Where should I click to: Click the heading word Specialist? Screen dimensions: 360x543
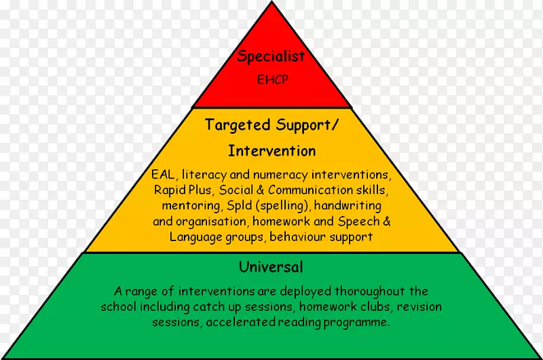[x=271, y=57]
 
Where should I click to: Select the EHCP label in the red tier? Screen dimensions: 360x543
[x=271, y=79]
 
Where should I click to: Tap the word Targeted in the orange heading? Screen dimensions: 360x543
[x=238, y=126]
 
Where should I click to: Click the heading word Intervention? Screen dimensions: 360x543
[x=271, y=151]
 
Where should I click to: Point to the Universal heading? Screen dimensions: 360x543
[x=271, y=266]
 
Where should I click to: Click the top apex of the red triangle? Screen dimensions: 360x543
[x=271, y=4]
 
